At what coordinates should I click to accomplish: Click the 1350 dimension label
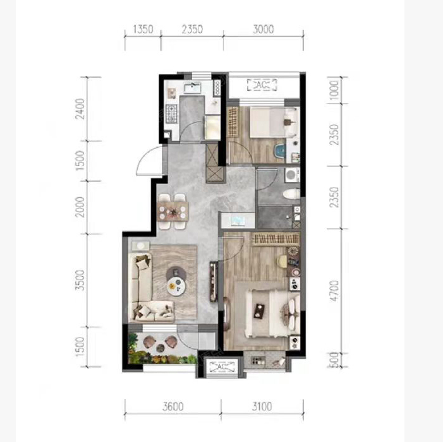[x=143, y=29]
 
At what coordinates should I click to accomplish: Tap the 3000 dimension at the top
[x=264, y=29]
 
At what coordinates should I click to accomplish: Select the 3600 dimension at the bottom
[x=173, y=407]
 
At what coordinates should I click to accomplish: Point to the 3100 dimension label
[x=262, y=407]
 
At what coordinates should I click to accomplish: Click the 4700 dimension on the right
[x=334, y=290]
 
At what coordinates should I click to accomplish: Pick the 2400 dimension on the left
[x=80, y=109]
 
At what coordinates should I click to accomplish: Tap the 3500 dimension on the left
[x=80, y=280]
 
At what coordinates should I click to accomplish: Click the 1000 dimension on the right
[x=334, y=90]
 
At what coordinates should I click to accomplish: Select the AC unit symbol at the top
[x=262, y=85]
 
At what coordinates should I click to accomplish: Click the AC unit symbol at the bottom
[x=222, y=367]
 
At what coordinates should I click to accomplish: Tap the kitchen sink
[x=192, y=88]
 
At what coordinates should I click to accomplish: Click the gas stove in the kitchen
[x=171, y=114]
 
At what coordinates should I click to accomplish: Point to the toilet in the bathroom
[x=291, y=194]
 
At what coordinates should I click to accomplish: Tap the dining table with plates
[x=173, y=212]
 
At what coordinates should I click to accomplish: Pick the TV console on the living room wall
[x=213, y=282]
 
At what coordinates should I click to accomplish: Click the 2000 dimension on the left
[x=80, y=207]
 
